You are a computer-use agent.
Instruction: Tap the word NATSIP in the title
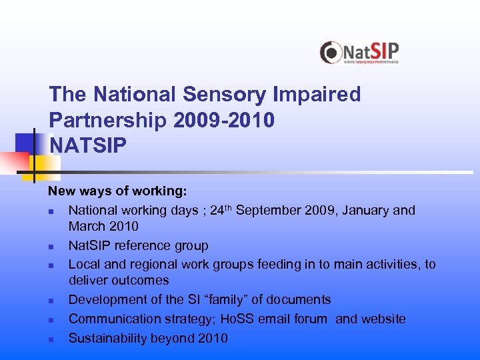87,145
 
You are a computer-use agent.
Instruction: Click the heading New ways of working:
117,191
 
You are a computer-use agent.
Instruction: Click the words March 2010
103,227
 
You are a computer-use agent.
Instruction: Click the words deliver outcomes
119,281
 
